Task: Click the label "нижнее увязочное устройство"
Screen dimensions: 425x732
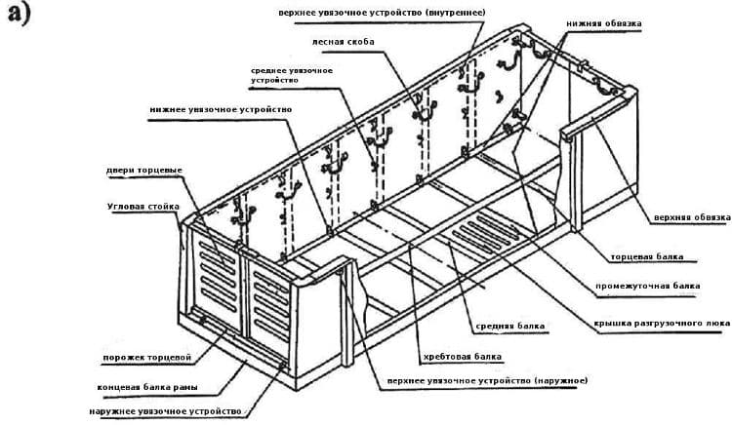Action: [222, 109]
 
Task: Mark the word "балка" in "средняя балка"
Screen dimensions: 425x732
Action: [531, 326]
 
